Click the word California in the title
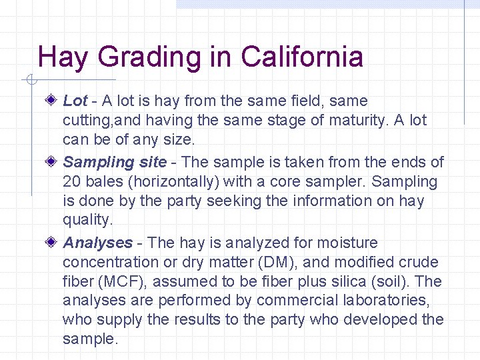click(x=302, y=57)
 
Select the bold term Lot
click(x=75, y=101)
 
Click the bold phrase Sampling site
click(x=115, y=162)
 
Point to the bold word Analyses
click(x=97, y=243)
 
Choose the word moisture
click(x=347, y=243)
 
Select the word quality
click(x=87, y=220)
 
